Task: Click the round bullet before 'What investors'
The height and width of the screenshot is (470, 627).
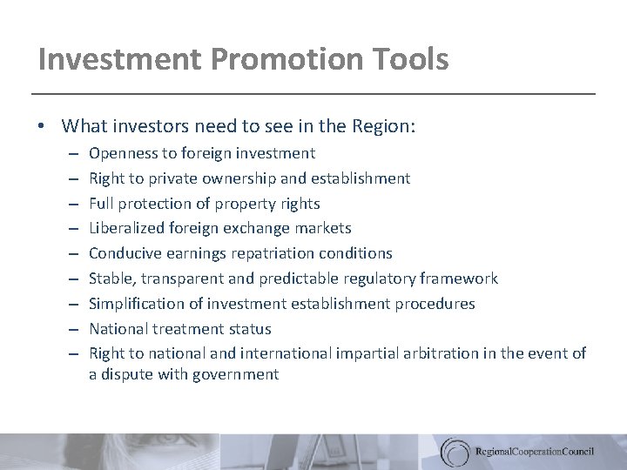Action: coord(43,127)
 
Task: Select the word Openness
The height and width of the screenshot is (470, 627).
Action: coord(121,153)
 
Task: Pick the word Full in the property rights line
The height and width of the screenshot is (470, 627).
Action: coord(100,204)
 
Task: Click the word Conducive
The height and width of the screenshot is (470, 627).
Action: coord(124,253)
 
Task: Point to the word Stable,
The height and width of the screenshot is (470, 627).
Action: coord(111,279)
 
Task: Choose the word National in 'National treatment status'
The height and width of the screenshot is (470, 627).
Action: coord(119,329)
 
